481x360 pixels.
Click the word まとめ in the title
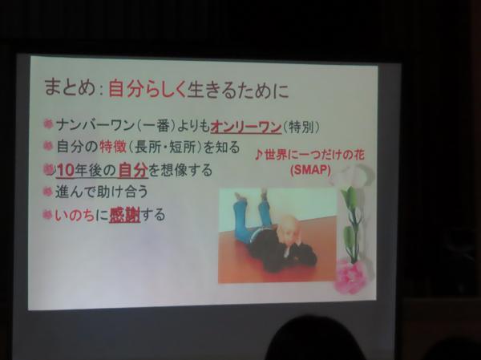pos(69,88)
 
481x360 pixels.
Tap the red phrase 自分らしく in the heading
pos(148,89)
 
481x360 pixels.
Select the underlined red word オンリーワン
pos(246,127)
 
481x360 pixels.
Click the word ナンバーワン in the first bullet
pos(95,125)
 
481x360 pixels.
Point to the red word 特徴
pos(113,147)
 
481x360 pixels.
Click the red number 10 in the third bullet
pos(66,171)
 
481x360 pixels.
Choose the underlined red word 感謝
pos(125,215)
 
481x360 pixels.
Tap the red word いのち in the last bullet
pos(75,216)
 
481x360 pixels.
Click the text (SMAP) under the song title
pos(310,170)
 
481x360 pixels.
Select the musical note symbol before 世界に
pos(259,156)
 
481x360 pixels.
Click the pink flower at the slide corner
pos(350,276)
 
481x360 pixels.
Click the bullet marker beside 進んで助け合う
pos(47,192)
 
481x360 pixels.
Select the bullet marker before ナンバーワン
pos(48,124)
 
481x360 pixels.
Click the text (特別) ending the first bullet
pos(301,127)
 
